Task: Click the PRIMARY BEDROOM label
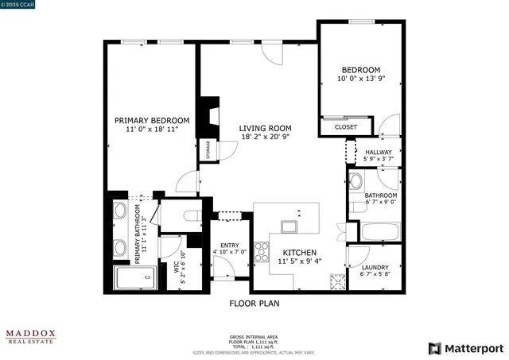point(151,121)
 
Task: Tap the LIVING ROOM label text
point(266,128)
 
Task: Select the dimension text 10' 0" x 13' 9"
point(360,79)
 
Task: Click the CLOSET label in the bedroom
point(345,127)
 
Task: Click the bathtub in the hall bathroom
point(380,233)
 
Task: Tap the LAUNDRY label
point(375,268)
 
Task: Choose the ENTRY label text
point(230,245)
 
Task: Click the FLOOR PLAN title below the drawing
point(254,303)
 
